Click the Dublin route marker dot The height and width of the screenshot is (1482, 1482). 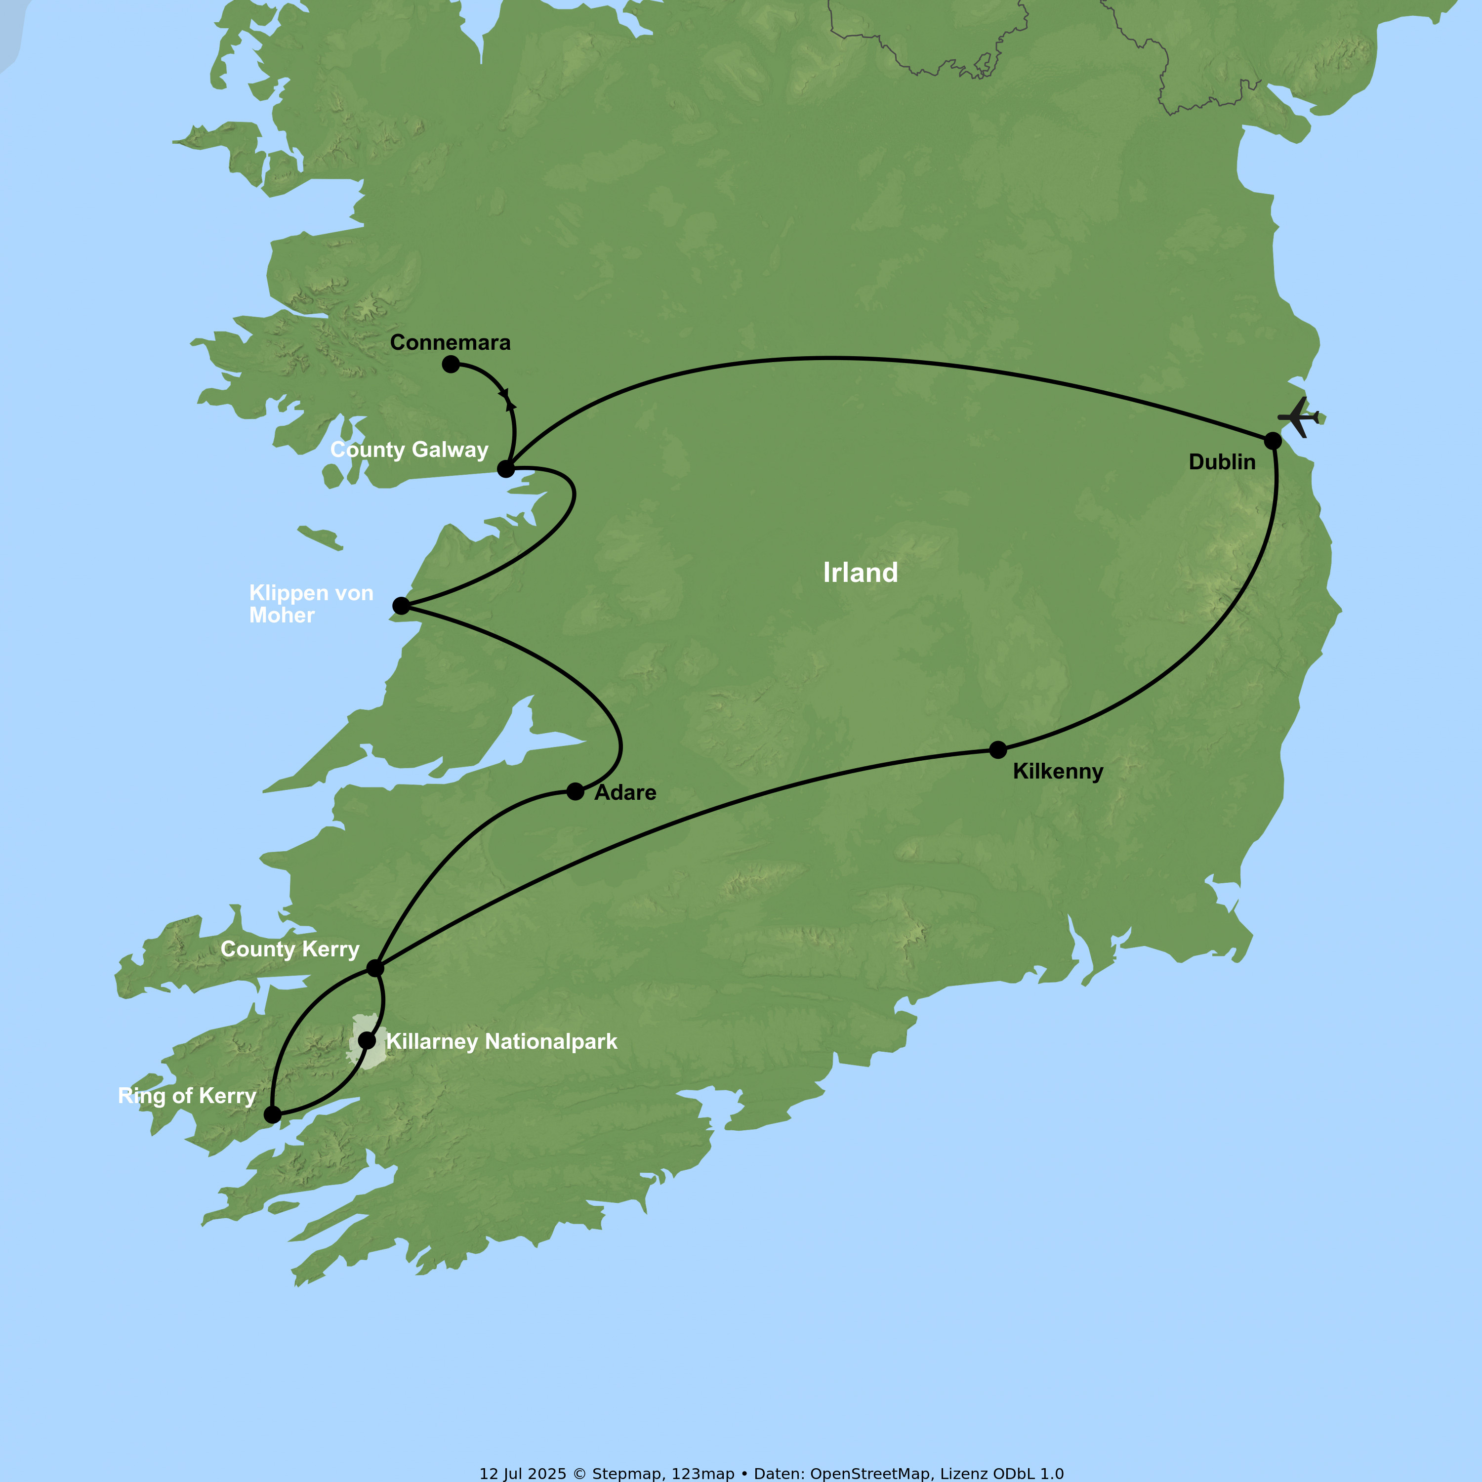point(1273,440)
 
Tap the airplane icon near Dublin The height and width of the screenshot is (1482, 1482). point(1298,417)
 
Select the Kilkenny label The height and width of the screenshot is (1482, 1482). point(1058,772)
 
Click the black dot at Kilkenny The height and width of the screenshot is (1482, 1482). point(998,749)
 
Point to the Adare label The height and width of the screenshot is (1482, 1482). point(625,792)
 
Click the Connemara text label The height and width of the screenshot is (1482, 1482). point(450,343)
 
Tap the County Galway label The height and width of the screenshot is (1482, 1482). point(409,450)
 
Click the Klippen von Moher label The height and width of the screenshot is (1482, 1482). point(311,604)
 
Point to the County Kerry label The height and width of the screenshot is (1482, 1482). point(290,949)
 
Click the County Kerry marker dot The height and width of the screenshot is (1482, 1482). point(375,968)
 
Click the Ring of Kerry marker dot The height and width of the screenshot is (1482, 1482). point(272,1114)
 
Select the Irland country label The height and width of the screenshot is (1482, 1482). point(861,573)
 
